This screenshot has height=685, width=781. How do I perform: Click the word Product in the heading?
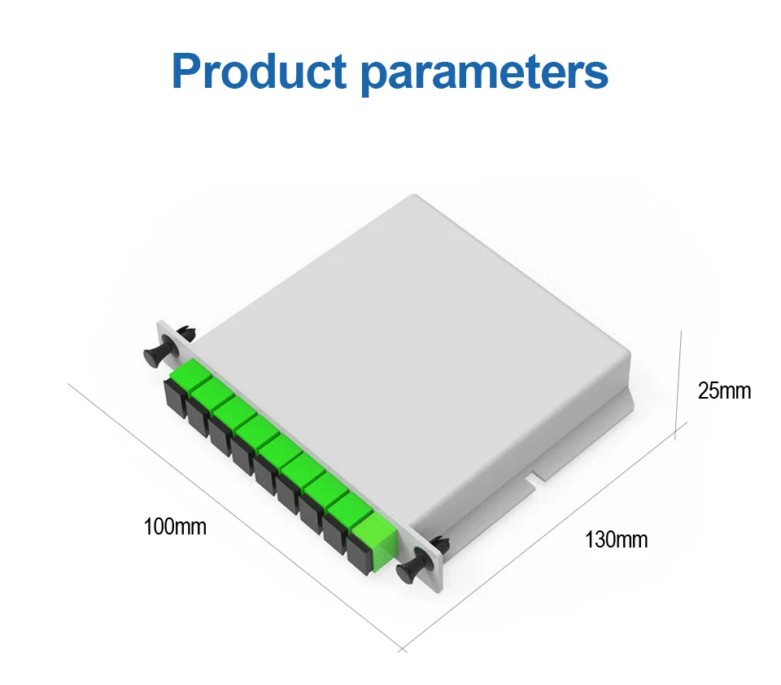click(260, 72)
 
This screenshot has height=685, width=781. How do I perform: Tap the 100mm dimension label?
click(175, 526)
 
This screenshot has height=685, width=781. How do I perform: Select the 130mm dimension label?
click(617, 539)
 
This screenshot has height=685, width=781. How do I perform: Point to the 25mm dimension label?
click(725, 390)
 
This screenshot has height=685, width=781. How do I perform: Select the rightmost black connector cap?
click(358, 560)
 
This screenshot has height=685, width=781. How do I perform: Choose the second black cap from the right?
click(334, 539)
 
